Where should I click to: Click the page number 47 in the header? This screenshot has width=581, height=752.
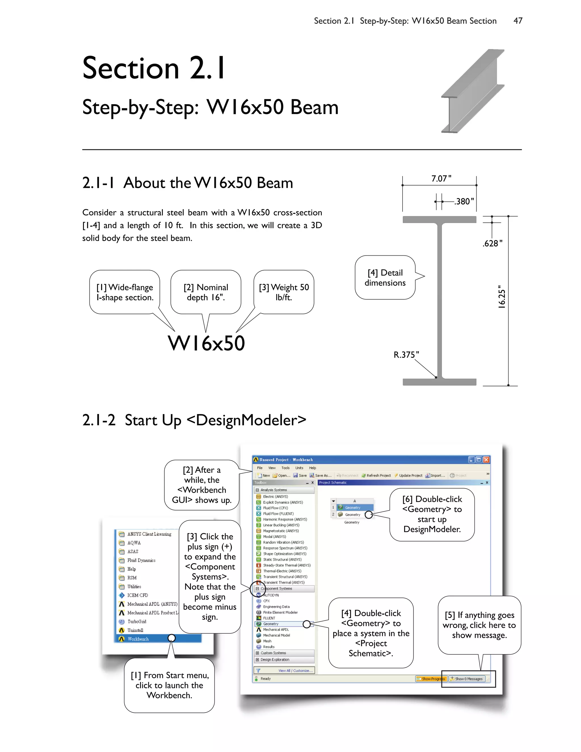click(518, 21)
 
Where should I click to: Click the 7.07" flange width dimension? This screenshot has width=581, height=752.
click(441, 179)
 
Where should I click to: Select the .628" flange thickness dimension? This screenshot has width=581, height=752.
click(492, 243)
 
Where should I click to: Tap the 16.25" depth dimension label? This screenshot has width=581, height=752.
click(502, 297)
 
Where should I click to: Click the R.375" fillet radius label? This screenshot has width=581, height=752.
click(406, 355)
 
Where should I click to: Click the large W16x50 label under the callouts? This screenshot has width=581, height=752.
click(207, 343)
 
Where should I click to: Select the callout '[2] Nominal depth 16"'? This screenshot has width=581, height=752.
click(206, 292)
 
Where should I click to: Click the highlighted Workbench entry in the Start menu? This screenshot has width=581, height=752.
click(138, 639)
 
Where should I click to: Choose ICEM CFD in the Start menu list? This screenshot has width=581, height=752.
click(137, 595)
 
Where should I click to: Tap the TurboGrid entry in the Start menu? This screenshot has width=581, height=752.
click(137, 621)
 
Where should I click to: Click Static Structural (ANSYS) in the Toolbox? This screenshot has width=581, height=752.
click(282, 560)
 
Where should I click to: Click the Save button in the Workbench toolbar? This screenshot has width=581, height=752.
click(300, 476)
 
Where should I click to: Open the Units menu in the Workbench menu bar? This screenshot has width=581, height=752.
click(299, 468)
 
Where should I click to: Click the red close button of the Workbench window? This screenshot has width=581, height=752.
click(486, 460)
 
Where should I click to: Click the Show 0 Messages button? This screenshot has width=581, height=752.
click(468, 679)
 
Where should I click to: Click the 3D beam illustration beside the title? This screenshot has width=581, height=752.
click(473, 91)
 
